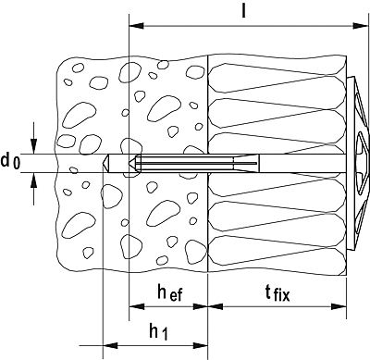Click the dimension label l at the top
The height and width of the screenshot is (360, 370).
point(243,11)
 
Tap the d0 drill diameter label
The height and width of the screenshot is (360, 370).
point(10,162)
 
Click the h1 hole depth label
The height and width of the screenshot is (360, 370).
point(159,332)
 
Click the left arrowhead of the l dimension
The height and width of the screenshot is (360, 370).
point(137,26)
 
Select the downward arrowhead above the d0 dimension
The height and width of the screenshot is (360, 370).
point(33,146)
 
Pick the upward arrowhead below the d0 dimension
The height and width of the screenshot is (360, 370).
point(33,180)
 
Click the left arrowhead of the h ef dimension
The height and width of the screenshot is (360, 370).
point(137,306)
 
